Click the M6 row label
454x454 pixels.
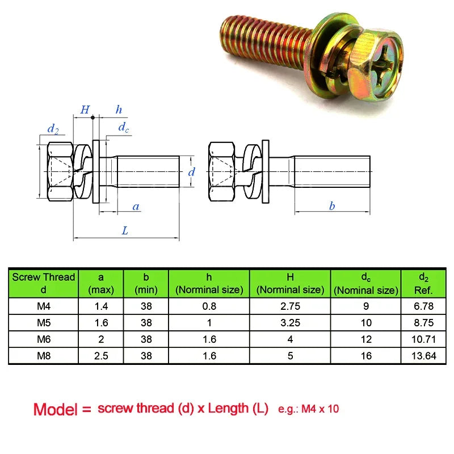pyautogui.click(x=44, y=339)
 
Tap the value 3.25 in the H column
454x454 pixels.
pyautogui.click(x=289, y=323)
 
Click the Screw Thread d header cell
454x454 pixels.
pyautogui.click(x=44, y=283)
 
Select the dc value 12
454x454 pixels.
pyautogui.click(x=366, y=339)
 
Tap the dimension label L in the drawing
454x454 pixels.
pyautogui.click(x=125, y=230)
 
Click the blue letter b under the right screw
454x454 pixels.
pyautogui.click(x=332, y=206)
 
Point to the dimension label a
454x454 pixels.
pyautogui.click(x=136, y=206)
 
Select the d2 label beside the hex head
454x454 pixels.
pyautogui.click(x=53, y=129)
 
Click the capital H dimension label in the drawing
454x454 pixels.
pyautogui.click(x=85, y=110)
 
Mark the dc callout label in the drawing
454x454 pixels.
pyautogui.click(x=123, y=128)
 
